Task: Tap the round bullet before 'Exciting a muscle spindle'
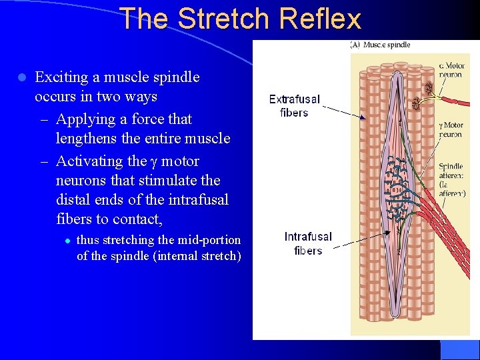click(x=22, y=77)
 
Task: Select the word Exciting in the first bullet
click(x=61, y=77)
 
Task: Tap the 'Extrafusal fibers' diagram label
click(x=294, y=106)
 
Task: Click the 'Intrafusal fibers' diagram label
click(x=307, y=243)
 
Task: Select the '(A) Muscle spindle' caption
click(x=380, y=45)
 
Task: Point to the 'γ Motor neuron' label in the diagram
click(x=451, y=129)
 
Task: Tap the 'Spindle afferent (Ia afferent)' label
click(x=452, y=180)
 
